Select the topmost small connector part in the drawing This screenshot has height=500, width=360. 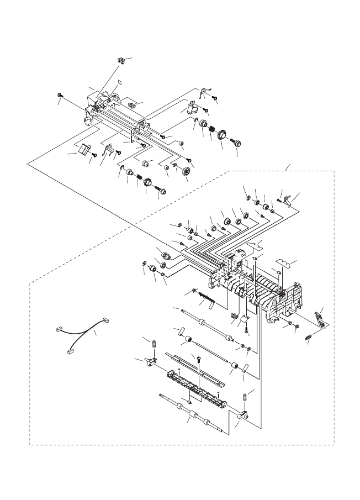[x=120, y=59]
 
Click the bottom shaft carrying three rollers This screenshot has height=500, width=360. [x=191, y=413]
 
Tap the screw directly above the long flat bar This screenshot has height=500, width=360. [x=198, y=359]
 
